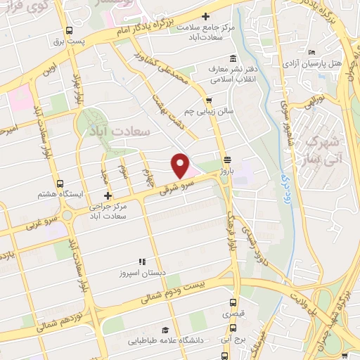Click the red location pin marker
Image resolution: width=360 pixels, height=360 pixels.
coord(181,166)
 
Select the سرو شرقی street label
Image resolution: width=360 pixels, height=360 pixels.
coord(173,184)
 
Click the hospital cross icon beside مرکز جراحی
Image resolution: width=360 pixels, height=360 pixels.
coord(107,195)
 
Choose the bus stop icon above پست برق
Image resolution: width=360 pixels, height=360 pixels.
coord(69,30)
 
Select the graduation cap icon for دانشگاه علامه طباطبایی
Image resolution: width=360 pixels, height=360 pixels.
coord(165,330)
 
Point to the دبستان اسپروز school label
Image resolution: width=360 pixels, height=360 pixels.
coord(143,271)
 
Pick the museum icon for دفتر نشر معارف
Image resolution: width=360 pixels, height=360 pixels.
coord(233,58)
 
